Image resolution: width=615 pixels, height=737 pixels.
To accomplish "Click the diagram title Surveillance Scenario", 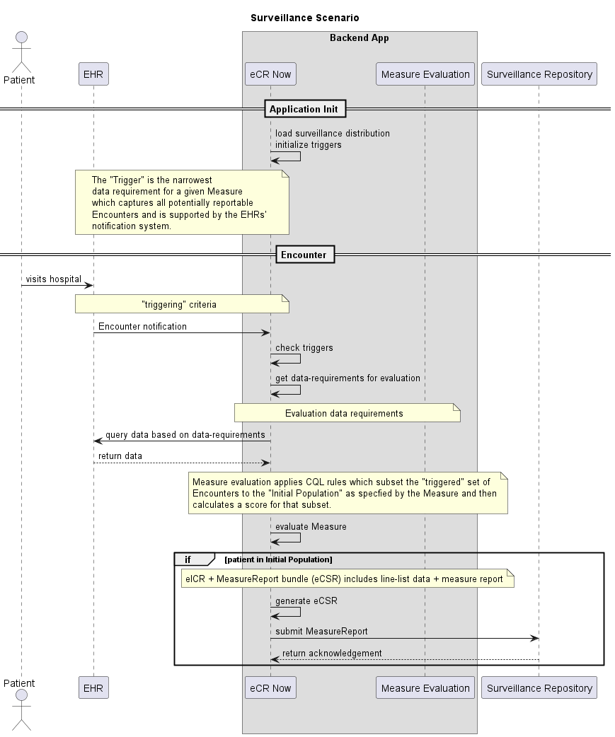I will tap(304, 17).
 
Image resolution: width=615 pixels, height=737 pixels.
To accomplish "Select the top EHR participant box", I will tap(93, 74).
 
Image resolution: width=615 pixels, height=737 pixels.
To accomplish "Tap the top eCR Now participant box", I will tap(270, 74).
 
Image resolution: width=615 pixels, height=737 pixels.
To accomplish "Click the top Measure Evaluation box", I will tap(425, 74).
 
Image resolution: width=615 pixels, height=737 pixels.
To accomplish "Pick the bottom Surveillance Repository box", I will tap(539, 687).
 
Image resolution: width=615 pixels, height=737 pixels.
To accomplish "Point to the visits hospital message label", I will tap(54, 279).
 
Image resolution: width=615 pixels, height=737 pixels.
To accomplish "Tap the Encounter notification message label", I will tap(142, 326).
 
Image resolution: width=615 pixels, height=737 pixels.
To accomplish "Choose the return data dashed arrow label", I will tap(120, 456).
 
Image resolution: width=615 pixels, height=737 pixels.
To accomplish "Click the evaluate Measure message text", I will tap(311, 526).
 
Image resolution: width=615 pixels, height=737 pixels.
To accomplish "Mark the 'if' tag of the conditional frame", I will tap(188, 559).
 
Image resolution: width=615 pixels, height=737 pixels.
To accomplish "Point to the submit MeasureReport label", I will tap(321, 632).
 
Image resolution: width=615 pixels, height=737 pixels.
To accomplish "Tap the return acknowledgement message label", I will tap(332, 653).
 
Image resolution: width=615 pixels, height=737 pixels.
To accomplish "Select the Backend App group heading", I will tap(359, 37).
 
